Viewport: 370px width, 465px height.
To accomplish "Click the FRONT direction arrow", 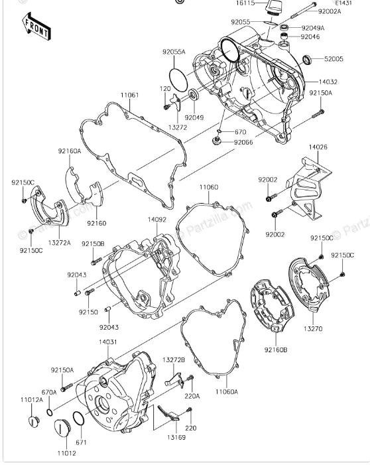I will pyautogui.click(x=37, y=26).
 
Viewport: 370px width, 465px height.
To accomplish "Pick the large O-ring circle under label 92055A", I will pyautogui.click(x=179, y=78).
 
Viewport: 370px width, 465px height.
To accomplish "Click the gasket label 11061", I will pyautogui.click(x=129, y=96).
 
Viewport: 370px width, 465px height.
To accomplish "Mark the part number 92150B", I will pyautogui.click(x=93, y=243).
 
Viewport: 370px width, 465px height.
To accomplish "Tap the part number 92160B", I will pyautogui.click(x=275, y=349).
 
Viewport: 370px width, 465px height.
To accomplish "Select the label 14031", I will pyautogui.click(x=108, y=342).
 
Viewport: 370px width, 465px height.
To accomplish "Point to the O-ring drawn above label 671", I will pyautogui.click(x=78, y=419).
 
